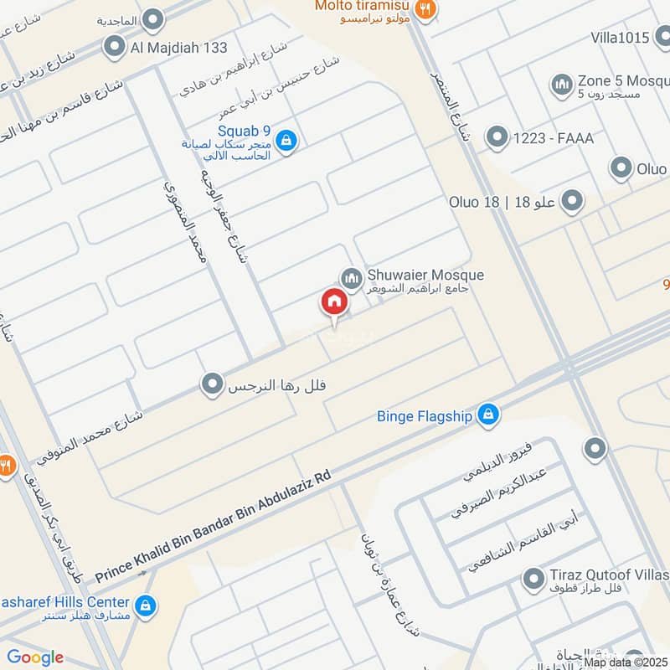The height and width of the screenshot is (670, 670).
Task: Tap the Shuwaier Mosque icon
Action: [x=351, y=276]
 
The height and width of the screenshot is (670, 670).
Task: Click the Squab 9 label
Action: [x=244, y=131]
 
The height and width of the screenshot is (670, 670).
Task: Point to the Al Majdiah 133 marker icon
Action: [x=114, y=48]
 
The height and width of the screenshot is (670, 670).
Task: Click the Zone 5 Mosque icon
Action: [x=561, y=84]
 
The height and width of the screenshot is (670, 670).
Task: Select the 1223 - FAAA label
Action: [x=554, y=138]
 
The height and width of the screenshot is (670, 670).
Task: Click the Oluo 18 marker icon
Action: [x=572, y=202]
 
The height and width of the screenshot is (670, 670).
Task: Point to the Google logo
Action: [x=35, y=657]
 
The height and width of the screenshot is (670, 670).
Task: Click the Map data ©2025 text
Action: [x=626, y=662]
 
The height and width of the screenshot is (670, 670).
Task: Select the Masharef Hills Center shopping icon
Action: [x=146, y=605]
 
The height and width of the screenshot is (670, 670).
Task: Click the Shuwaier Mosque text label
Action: [x=425, y=275]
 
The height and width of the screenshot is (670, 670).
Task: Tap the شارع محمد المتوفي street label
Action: [x=90, y=434]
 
